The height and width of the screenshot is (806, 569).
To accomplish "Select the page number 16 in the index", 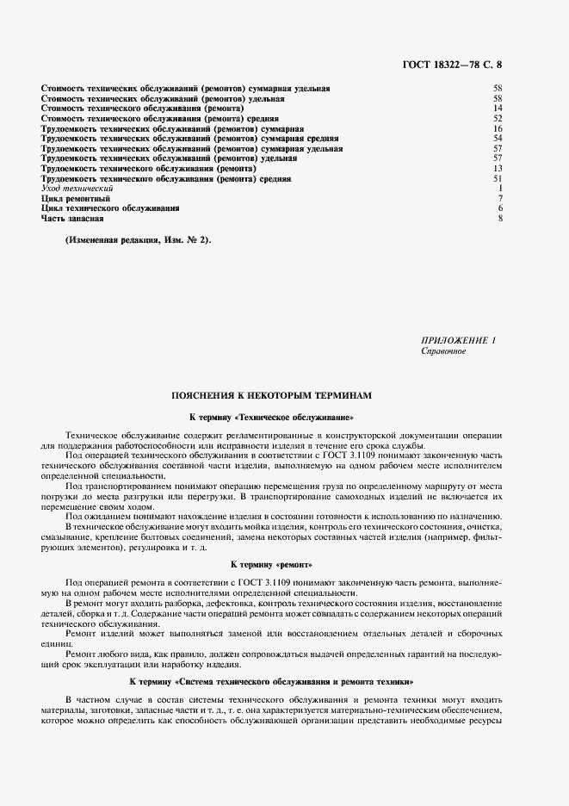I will point(497,129).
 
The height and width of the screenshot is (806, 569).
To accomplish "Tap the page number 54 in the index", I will point(497,139).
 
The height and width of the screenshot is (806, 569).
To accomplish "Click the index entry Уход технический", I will point(77,189).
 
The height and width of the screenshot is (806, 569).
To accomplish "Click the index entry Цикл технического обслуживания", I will point(110,208).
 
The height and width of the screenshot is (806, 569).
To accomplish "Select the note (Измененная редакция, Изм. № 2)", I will point(139,240).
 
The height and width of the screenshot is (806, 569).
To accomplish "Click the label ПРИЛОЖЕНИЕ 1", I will point(460,341).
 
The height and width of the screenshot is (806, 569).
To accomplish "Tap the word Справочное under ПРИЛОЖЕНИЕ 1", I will point(443,351).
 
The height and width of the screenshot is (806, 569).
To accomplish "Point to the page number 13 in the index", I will point(497,169).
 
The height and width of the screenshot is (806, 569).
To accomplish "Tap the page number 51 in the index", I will point(497,179).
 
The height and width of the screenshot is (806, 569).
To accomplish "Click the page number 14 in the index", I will point(497,108).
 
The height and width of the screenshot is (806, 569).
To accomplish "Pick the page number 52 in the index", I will point(497,119).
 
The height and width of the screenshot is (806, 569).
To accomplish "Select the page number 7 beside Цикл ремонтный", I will point(499,199).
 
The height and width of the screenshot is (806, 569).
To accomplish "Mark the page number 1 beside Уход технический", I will point(499,189).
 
